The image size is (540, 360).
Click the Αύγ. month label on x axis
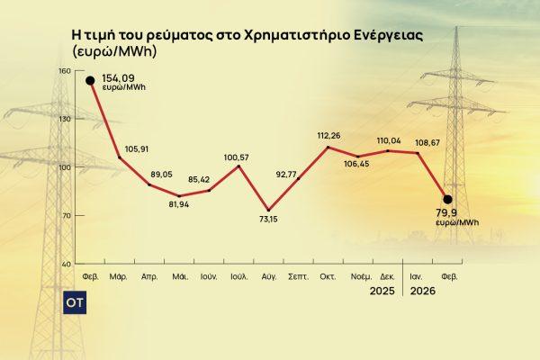[268, 279]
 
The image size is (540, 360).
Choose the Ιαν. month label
[418, 279]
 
